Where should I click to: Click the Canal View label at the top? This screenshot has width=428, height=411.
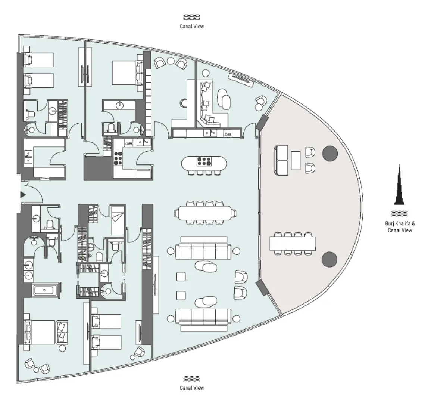(192, 27)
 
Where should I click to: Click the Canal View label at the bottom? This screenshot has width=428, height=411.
(192, 388)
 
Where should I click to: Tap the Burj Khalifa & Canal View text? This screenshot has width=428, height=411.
(400, 227)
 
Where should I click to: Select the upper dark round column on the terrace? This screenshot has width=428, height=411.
(330, 153)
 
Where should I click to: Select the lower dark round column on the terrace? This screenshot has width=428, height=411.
(329, 259)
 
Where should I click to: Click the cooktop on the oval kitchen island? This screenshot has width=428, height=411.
(204, 161)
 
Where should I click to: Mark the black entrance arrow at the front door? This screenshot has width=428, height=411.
(23, 194)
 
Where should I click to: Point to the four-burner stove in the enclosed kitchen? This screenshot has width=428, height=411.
(119, 157)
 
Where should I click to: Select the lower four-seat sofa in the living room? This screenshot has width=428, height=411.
(203, 316)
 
